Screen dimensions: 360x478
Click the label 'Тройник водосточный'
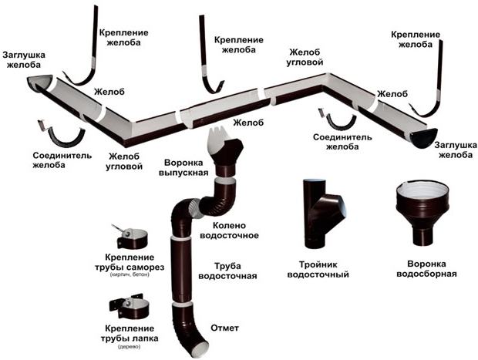(x=318, y=267)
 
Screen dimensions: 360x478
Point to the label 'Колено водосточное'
(x=228, y=230)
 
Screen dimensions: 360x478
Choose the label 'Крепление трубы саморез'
(x=128, y=261)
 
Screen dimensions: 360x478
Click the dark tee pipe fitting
(x=318, y=210)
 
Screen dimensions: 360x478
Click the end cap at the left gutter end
(x=37, y=80)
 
